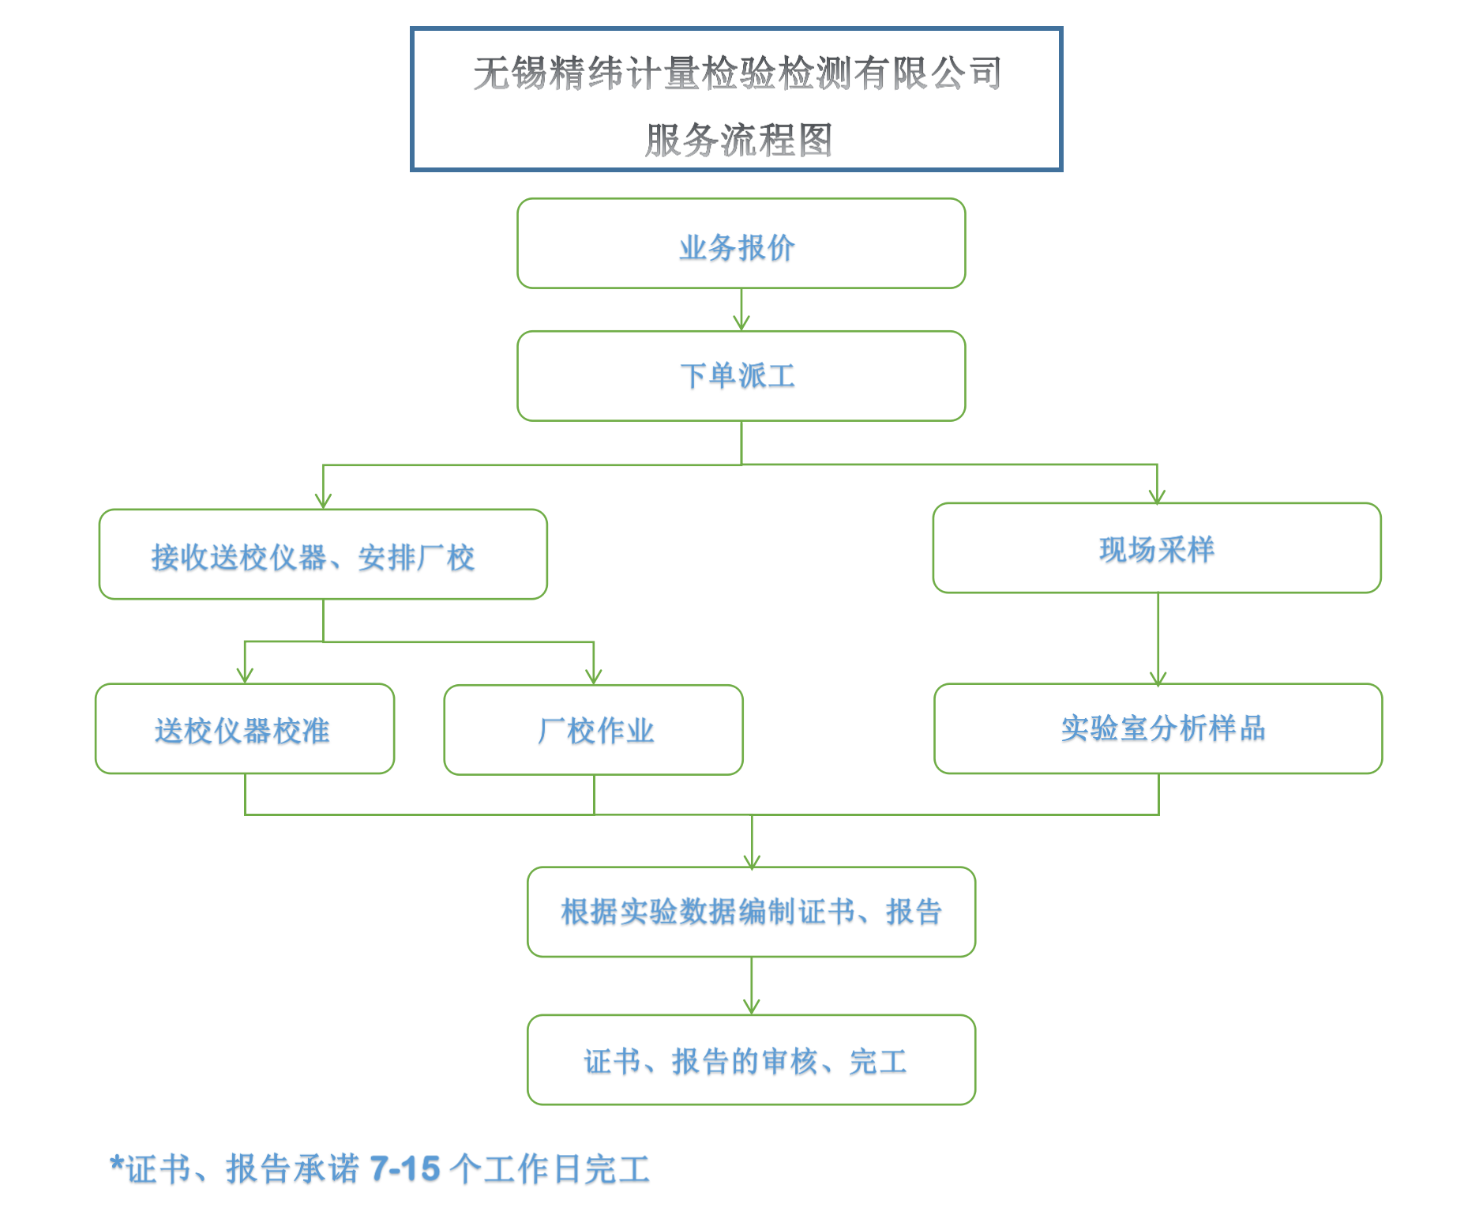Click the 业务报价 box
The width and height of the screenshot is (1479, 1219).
[741, 243]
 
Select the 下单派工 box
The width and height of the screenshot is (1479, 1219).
[741, 376]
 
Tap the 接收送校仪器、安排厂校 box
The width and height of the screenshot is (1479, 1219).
[323, 554]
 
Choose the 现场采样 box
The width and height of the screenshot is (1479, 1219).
[1157, 547]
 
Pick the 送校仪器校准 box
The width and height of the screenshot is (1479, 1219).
[245, 728]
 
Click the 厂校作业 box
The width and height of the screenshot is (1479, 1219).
[593, 729]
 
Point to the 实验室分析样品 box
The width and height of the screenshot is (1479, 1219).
[1158, 728]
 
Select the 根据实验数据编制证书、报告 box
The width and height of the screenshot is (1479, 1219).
[751, 912]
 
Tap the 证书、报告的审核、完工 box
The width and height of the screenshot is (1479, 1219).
[751, 1059]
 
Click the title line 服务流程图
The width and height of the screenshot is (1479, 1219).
[739, 140]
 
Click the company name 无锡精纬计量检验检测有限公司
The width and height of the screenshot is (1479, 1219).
[738, 73]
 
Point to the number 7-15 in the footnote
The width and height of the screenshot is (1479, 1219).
[405, 1168]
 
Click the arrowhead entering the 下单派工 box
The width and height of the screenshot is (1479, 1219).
[741, 323]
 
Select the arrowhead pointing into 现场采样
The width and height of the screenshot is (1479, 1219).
[1157, 495]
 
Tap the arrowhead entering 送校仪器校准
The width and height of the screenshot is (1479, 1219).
[245, 675]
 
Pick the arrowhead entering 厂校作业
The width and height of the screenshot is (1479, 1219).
[594, 676]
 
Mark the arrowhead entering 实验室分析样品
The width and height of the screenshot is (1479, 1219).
[1158, 678]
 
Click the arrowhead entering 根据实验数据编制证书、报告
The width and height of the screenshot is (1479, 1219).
[752, 861]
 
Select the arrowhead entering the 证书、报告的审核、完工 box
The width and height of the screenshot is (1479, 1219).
[752, 1006]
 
